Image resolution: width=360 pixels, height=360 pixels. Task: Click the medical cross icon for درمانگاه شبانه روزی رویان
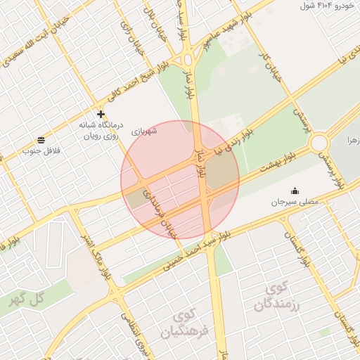pyautogui.click(x=101, y=114)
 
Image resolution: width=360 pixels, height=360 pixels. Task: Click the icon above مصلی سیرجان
pyautogui.click(x=295, y=191)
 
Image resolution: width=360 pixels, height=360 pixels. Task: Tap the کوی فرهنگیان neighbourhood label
pyautogui.click(x=187, y=323)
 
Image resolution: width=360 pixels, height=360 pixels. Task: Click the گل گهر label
pyautogui.click(x=26, y=297)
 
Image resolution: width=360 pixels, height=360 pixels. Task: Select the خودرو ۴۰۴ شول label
pyautogui.click(x=326, y=6)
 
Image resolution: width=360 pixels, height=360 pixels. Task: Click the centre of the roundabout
pyautogui.click(x=320, y=143)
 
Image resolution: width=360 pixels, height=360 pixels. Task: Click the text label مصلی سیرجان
pyautogui.click(x=295, y=202)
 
